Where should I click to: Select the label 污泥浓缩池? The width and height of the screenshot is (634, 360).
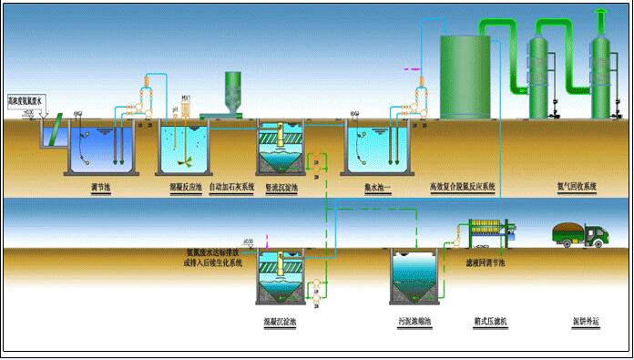click(x=415, y=322)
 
